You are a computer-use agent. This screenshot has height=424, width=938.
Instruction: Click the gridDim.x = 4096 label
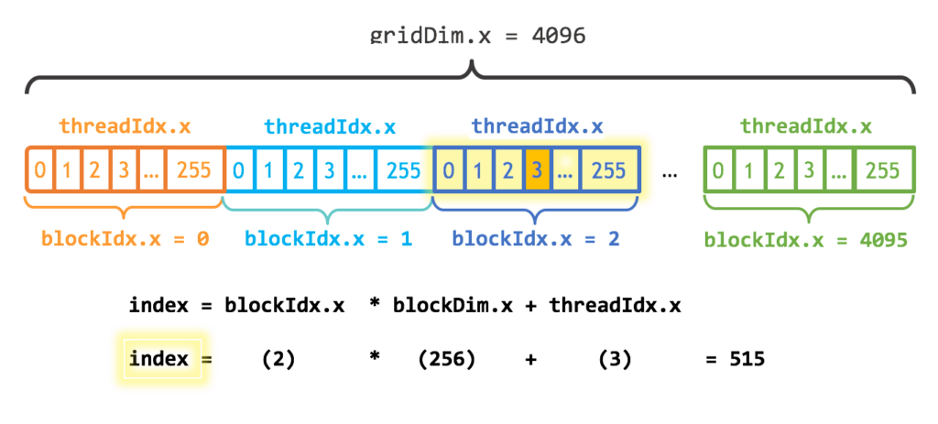477,36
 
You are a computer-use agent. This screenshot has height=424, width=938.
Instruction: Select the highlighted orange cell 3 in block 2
537,170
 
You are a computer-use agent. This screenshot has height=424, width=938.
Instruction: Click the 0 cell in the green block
720,170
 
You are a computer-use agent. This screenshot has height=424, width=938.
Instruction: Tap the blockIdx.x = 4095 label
805,240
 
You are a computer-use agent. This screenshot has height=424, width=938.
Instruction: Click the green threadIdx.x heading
806,126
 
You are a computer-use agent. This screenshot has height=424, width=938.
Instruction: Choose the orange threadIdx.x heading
125,126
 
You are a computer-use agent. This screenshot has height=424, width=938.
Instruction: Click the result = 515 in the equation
735,360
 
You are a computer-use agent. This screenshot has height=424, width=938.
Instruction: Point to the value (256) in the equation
446,360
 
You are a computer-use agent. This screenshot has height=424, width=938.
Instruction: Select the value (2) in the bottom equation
278,360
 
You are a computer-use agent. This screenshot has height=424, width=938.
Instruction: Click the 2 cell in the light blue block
298,170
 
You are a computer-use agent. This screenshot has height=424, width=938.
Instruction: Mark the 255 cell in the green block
883,170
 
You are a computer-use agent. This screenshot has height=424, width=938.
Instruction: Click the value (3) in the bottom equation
615,360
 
